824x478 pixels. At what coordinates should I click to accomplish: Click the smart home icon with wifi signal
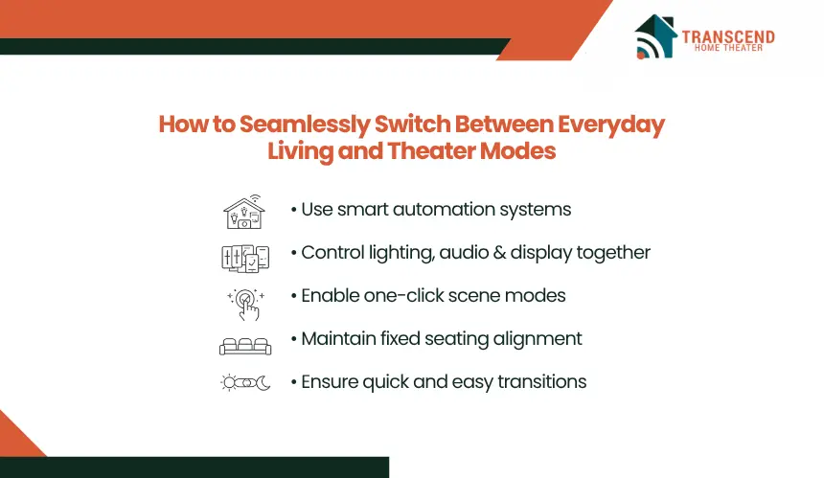(x=244, y=213)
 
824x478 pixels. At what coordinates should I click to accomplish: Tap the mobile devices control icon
(x=245, y=259)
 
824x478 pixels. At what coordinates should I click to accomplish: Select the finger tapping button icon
(x=246, y=304)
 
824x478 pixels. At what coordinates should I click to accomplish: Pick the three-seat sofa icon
(x=245, y=347)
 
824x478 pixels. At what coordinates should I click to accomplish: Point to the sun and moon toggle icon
(x=245, y=382)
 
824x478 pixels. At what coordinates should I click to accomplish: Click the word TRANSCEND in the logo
(x=728, y=36)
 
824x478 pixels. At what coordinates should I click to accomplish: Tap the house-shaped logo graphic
(x=654, y=36)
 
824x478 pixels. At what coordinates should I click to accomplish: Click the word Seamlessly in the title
(x=305, y=125)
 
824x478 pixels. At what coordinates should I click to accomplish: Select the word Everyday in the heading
(x=610, y=125)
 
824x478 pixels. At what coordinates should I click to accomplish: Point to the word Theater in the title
(x=431, y=151)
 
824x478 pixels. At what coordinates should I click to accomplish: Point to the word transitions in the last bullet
(x=541, y=382)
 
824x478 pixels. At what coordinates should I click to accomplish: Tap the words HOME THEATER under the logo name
(x=728, y=48)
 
